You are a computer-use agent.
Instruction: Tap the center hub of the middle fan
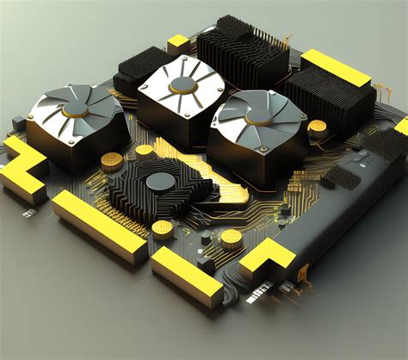[182, 84]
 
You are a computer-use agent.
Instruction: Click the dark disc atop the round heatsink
[160, 181]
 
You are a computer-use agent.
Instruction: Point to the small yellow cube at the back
[178, 40]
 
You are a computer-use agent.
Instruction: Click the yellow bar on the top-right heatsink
[335, 62]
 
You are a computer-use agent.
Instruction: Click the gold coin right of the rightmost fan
[318, 129]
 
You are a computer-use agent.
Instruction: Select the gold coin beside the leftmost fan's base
[111, 160]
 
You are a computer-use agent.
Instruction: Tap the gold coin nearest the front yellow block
[162, 228]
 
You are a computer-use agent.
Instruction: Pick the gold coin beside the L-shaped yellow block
[230, 238]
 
